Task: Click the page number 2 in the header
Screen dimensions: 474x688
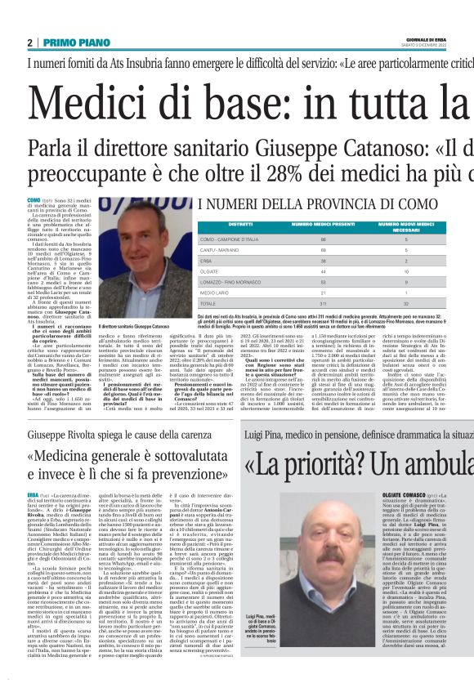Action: pyautogui.click(x=30, y=42)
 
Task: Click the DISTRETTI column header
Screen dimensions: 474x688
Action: pyautogui.click(x=217, y=223)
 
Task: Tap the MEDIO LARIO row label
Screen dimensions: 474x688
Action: pyautogui.click(x=216, y=291)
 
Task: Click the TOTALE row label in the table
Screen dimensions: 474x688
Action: pyautogui.click(x=211, y=304)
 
